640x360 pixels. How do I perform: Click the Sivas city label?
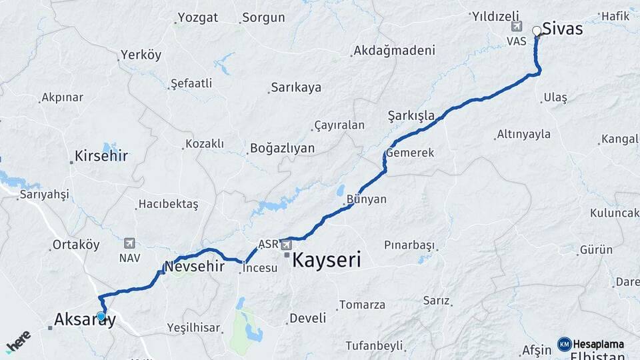(563, 29)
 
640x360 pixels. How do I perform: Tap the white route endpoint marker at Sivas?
(537, 31)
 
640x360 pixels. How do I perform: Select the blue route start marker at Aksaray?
(101, 317)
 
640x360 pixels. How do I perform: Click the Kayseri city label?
(327, 259)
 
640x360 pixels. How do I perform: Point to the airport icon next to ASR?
(286, 243)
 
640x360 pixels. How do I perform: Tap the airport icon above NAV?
(129, 243)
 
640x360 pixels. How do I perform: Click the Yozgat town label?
(198, 18)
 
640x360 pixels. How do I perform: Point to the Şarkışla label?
(411, 116)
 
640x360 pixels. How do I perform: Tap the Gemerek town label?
(410, 153)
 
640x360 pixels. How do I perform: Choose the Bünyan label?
(366, 199)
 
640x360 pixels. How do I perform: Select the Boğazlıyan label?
(282, 148)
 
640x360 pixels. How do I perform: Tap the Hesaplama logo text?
(598, 344)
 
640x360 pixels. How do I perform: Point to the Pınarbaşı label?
(409, 245)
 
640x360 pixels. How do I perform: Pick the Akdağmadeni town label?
(395, 51)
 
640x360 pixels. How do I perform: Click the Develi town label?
(307, 318)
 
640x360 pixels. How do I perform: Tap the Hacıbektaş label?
(168, 204)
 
